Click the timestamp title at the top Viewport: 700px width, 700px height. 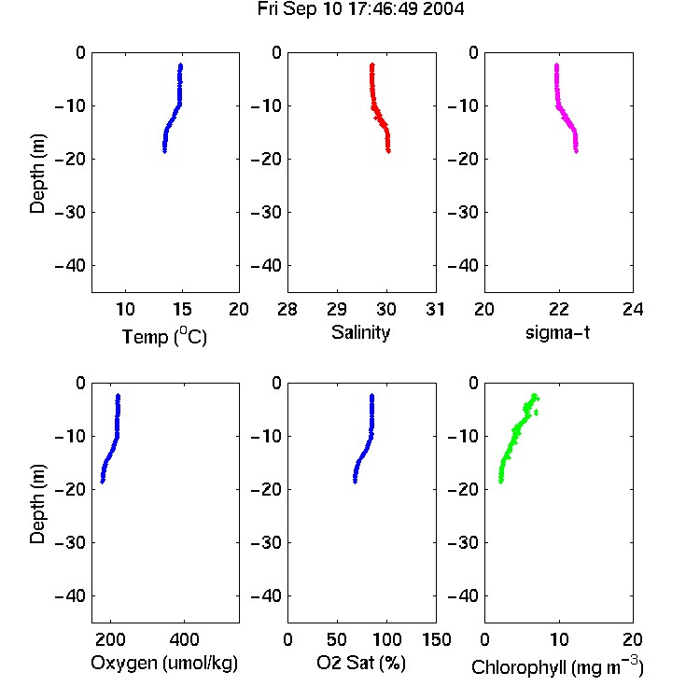coord(360,9)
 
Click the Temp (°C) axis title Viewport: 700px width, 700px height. coord(164,336)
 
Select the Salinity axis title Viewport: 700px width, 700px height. coord(360,332)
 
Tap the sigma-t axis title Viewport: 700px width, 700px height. coord(557,332)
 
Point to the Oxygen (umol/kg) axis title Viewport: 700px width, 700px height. coord(164,663)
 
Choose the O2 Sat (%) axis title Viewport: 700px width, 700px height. coord(360,663)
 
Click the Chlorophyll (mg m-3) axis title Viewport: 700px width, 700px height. coord(557,666)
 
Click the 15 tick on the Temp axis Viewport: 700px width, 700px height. coord(182,309)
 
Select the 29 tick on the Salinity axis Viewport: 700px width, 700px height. coord(337,309)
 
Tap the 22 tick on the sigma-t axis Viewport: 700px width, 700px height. coord(558,309)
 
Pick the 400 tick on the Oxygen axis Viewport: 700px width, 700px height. coord(184,639)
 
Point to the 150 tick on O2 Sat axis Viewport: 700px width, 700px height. coord(436,639)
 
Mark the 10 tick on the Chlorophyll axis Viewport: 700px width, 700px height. coord(558,639)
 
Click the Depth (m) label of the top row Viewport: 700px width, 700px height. coord(37,174)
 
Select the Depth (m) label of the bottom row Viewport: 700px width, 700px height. coord(37,504)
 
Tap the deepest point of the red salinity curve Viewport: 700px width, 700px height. coord(388,151)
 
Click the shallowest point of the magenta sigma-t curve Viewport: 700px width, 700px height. coord(556,65)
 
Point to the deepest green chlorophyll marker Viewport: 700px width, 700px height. coord(501,482)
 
